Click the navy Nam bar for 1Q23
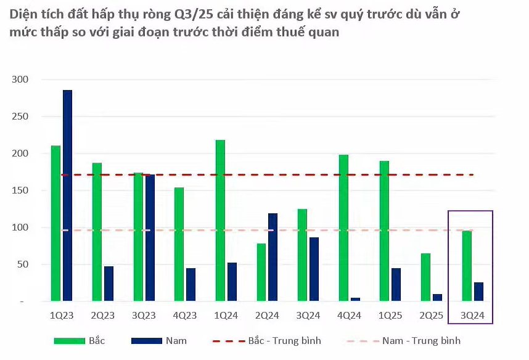click(67, 195)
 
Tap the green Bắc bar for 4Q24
click(343, 227)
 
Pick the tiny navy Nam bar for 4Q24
click(355, 299)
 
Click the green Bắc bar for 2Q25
click(425, 277)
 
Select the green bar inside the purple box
click(467, 266)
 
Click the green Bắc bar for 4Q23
click(179, 244)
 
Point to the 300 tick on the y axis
click(20, 80)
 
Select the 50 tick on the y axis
click(23, 264)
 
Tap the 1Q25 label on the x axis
click(391, 316)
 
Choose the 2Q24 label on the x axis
click(268, 316)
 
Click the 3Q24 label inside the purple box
click(473, 316)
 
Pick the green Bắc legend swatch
click(68, 340)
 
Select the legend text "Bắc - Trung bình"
click(284, 340)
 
